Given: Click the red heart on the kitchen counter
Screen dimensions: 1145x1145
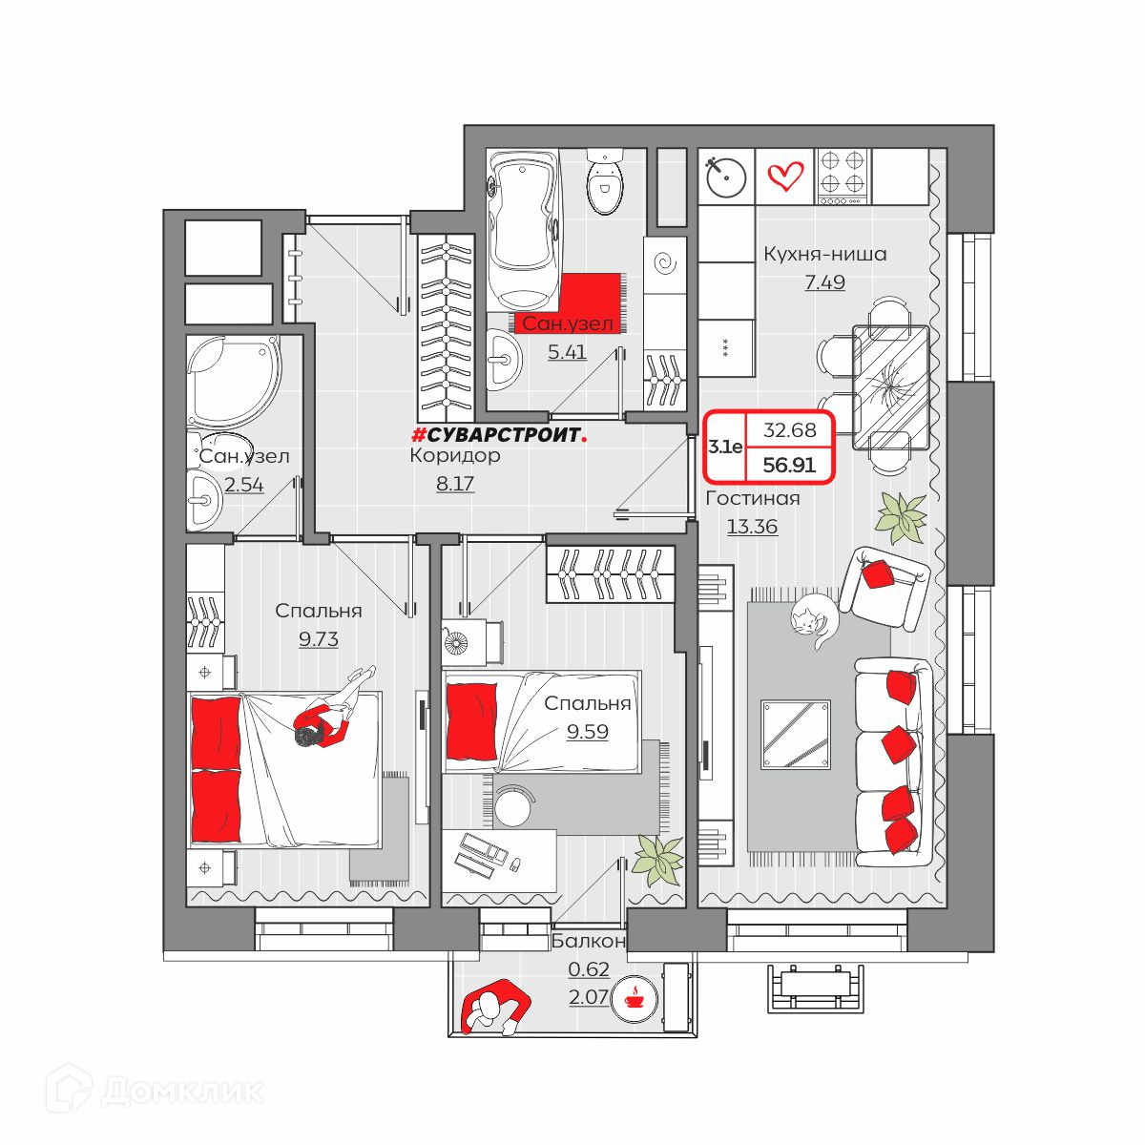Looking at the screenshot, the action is (785, 176).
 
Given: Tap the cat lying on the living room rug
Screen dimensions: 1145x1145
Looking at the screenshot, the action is (814, 623).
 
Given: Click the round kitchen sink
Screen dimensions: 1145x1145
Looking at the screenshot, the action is (725, 177).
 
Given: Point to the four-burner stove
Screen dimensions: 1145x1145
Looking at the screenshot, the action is (842, 177).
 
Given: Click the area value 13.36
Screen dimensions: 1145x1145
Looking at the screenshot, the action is (752, 527).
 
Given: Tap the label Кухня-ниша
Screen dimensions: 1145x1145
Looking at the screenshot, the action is (824, 255).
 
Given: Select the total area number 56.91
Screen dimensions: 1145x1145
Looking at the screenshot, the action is (789, 465).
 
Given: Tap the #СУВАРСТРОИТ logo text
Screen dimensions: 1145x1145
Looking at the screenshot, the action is (499, 436).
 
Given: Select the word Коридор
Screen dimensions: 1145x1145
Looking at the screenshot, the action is (455, 456).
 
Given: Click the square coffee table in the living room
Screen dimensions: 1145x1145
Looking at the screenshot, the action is (796, 735).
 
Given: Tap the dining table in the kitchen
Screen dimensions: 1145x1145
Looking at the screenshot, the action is (890, 386).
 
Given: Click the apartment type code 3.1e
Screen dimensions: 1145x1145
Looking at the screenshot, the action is (725, 447).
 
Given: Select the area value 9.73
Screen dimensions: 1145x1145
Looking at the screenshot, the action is (319, 639).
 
